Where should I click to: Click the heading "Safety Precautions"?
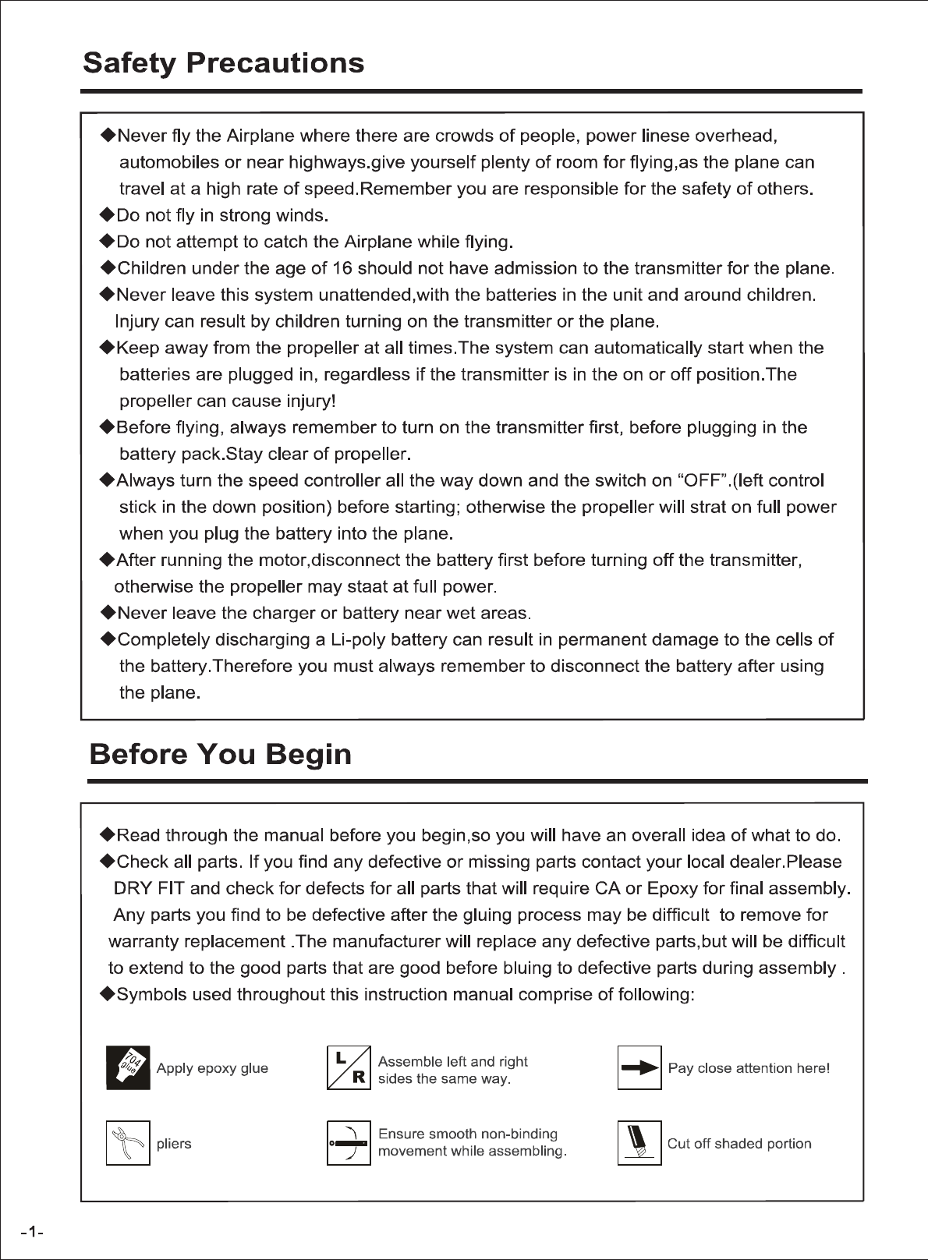point(223,62)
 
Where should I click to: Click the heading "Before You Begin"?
point(220,754)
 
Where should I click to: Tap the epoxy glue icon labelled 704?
point(128,1068)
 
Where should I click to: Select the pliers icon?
point(128,1144)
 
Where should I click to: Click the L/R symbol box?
point(349,1068)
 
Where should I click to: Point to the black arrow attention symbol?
point(639,1068)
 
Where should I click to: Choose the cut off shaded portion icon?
point(639,1144)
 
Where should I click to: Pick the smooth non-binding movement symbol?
point(349,1144)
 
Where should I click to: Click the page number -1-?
point(32,1233)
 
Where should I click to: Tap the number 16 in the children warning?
point(342,269)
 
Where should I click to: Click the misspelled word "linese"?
point(666,136)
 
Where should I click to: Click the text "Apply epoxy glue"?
point(212,1068)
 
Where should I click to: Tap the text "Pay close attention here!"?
point(749,1068)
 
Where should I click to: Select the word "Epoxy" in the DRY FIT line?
point(673,889)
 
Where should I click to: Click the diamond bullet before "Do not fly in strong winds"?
point(108,215)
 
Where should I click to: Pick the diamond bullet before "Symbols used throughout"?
point(108,995)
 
